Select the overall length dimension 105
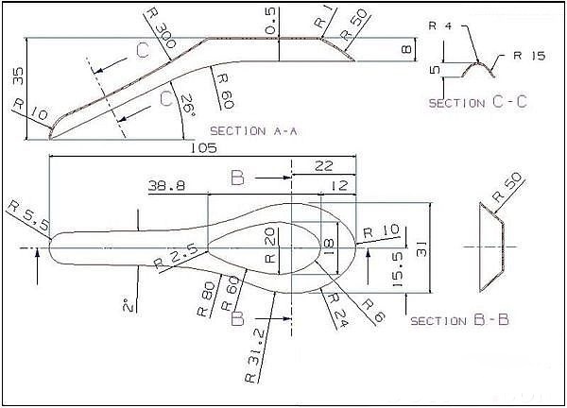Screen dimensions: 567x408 [x=203, y=147]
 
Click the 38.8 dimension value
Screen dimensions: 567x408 [x=166, y=186]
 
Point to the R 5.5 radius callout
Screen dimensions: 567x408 [x=28, y=216]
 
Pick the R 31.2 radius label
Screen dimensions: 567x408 [x=256, y=355]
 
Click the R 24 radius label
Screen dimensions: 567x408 [x=335, y=310]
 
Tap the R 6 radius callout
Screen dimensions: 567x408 [x=373, y=311]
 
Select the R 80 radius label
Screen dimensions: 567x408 [x=205, y=299]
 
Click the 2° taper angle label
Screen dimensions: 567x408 [x=129, y=305]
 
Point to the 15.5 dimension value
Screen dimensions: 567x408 [x=397, y=269]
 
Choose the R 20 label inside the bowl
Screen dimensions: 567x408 [x=271, y=245]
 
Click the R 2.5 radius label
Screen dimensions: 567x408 [x=176, y=258]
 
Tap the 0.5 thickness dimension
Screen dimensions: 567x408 [x=271, y=21]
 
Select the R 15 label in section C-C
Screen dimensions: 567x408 [x=529, y=56]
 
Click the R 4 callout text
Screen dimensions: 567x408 [x=440, y=26]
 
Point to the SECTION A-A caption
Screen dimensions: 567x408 [x=253, y=131]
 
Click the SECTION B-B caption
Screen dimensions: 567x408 [x=459, y=320]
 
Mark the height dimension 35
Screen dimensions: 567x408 [x=18, y=76]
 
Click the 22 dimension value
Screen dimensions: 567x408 [x=323, y=166]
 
